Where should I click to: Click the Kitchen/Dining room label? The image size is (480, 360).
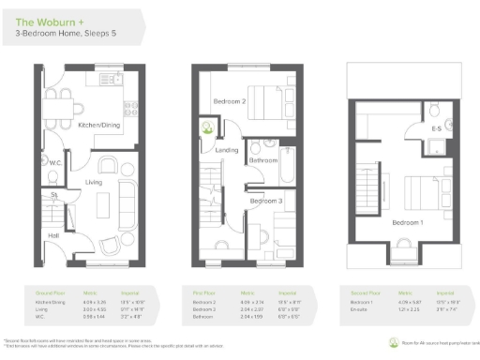[97, 123]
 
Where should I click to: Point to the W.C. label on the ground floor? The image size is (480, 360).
[55, 163]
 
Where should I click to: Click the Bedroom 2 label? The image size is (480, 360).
[229, 101]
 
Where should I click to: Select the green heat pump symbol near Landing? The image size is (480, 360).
[205, 127]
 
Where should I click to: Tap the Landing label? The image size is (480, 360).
[228, 149]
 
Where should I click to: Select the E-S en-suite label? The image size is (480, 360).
[435, 127]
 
